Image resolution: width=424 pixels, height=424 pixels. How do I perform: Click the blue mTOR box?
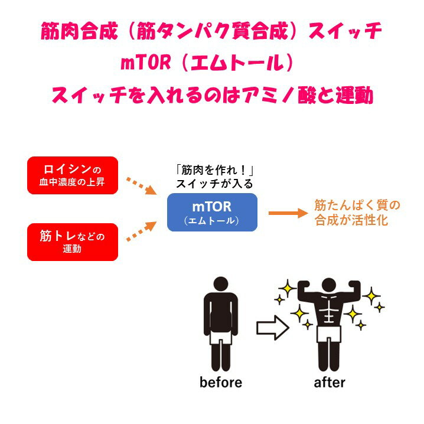click(x=211, y=212)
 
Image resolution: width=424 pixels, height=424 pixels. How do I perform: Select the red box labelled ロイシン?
click(x=73, y=175)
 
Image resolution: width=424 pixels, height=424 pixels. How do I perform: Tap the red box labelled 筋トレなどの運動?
click(x=73, y=242)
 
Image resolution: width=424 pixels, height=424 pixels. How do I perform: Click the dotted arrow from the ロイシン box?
click(x=141, y=185)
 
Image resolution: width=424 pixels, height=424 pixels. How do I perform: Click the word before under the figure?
click(x=220, y=382)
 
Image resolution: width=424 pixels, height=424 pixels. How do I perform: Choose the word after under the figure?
click(x=329, y=382)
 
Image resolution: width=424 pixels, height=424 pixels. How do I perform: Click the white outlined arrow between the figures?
click(x=272, y=328)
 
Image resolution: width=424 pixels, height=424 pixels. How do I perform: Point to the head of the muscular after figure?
click(x=328, y=282)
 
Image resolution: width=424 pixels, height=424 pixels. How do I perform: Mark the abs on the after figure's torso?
click(x=328, y=313)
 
